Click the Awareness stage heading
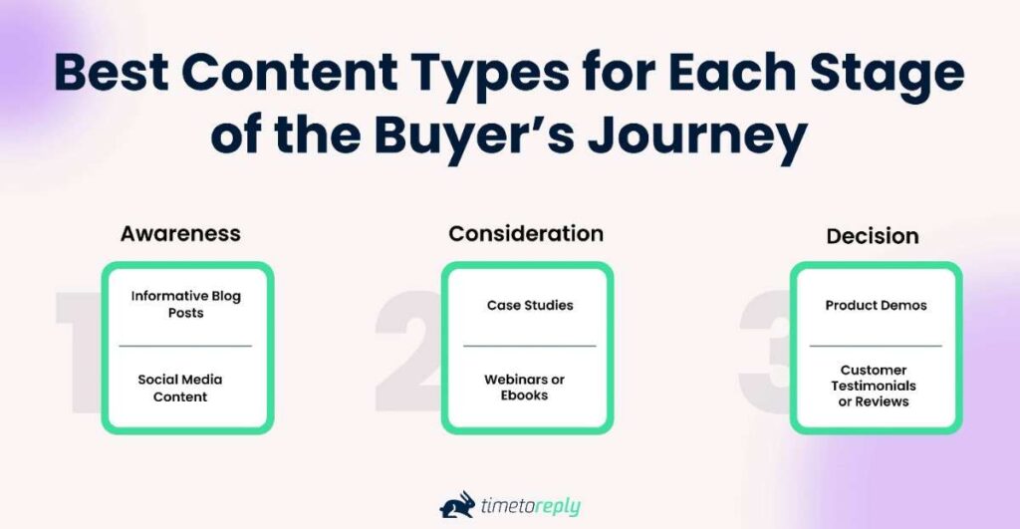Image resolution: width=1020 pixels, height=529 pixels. (180, 233)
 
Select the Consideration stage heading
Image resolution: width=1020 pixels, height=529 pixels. (526, 233)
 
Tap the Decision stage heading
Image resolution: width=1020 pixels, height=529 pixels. (873, 236)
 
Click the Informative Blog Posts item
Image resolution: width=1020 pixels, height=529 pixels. (186, 304)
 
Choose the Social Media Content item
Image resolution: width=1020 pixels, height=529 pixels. (180, 388)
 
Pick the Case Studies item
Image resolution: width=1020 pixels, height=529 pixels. (530, 305)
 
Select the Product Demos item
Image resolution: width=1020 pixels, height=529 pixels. (876, 305)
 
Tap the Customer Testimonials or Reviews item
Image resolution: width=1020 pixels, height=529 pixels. (876, 386)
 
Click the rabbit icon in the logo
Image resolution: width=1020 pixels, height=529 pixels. (456, 505)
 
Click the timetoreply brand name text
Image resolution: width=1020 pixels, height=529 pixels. (531, 506)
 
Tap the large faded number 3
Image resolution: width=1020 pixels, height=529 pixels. (764, 349)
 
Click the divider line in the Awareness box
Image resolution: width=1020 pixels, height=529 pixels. (186, 346)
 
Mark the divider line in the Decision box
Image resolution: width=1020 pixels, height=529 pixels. (876, 346)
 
